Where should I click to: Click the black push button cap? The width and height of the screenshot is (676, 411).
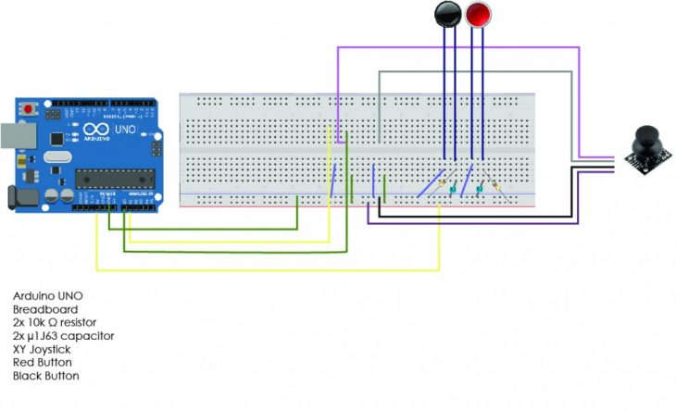pyautogui.click(x=447, y=14)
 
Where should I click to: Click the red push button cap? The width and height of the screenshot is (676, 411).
pyautogui.click(x=478, y=14)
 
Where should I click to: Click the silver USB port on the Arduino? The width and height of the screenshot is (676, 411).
pyautogui.click(x=10, y=135)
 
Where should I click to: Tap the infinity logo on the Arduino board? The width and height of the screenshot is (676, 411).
pyautogui.click(x=96, y=131)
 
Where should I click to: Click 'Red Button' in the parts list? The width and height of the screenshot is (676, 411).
pyautogui.click(x=39, y=363)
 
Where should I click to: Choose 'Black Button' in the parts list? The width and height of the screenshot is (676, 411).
pyautogui.click(x=42, y=377)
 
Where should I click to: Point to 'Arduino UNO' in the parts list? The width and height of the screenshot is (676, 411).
pyautogui.click(x=43, y=295)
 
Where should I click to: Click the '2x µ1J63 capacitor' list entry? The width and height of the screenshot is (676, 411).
pyautogui.click(x=62, y=336)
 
